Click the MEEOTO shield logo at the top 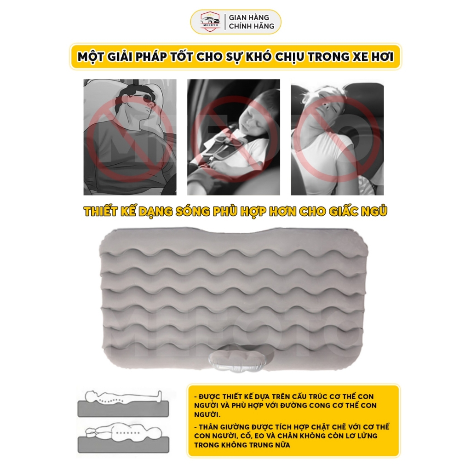coord(211,22)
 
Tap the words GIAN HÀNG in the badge coord(249,17)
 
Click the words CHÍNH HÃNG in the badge coord(252,26)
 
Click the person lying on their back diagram coord(124,397)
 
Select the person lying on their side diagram coord(124,431)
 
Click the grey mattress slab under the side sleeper coord(123,445)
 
